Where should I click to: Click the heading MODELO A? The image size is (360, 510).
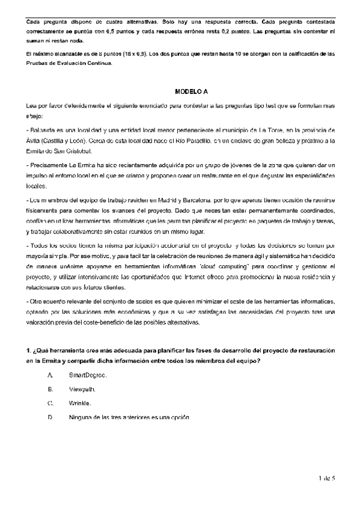click(x=191, y=91)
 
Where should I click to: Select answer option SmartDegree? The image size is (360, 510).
click(x=88, y=375)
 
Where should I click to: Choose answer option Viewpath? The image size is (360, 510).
click(x=82, y=389)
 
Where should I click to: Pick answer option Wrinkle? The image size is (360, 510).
click(x=81, y=403)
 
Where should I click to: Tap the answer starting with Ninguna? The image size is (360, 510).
click(x=129, y=417)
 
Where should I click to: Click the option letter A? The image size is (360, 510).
click(x=50, y=375)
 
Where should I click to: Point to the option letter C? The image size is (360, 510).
click(x=50, y=403)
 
